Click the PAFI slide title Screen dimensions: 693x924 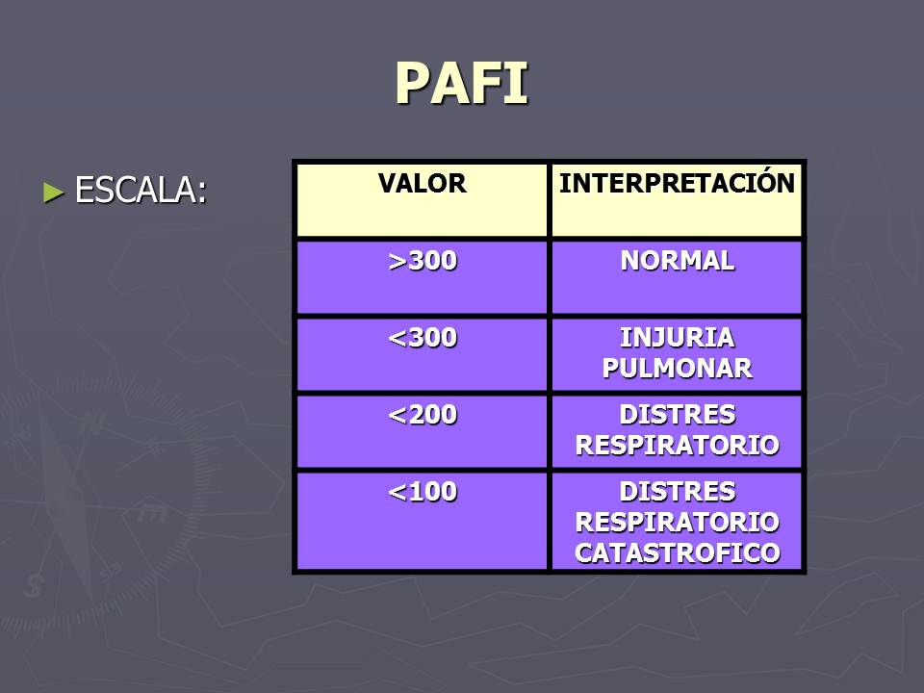click(462, 84)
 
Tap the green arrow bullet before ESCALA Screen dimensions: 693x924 click(53, 191)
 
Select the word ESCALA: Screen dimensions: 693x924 click(141, 191)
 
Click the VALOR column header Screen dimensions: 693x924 click(422, 184)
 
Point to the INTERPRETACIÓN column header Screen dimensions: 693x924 click(677, 184)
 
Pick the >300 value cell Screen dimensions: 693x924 click(422, 261)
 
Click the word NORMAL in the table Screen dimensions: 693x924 click(677, 261)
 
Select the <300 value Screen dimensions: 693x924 click(422, 338)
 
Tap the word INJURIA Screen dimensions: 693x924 click(677, 338)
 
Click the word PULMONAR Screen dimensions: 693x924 click(677, 369)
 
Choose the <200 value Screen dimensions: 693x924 click(422, 415)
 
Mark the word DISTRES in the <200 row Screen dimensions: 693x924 click(677, 415)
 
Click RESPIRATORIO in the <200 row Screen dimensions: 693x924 click(677, 446)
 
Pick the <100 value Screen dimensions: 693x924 click(422, 492)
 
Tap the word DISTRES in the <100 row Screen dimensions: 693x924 click(677, 492)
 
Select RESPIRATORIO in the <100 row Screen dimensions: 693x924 click(677, 523)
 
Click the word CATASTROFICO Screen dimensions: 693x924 click(677, 553)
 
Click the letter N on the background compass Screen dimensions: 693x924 click(92, 424)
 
